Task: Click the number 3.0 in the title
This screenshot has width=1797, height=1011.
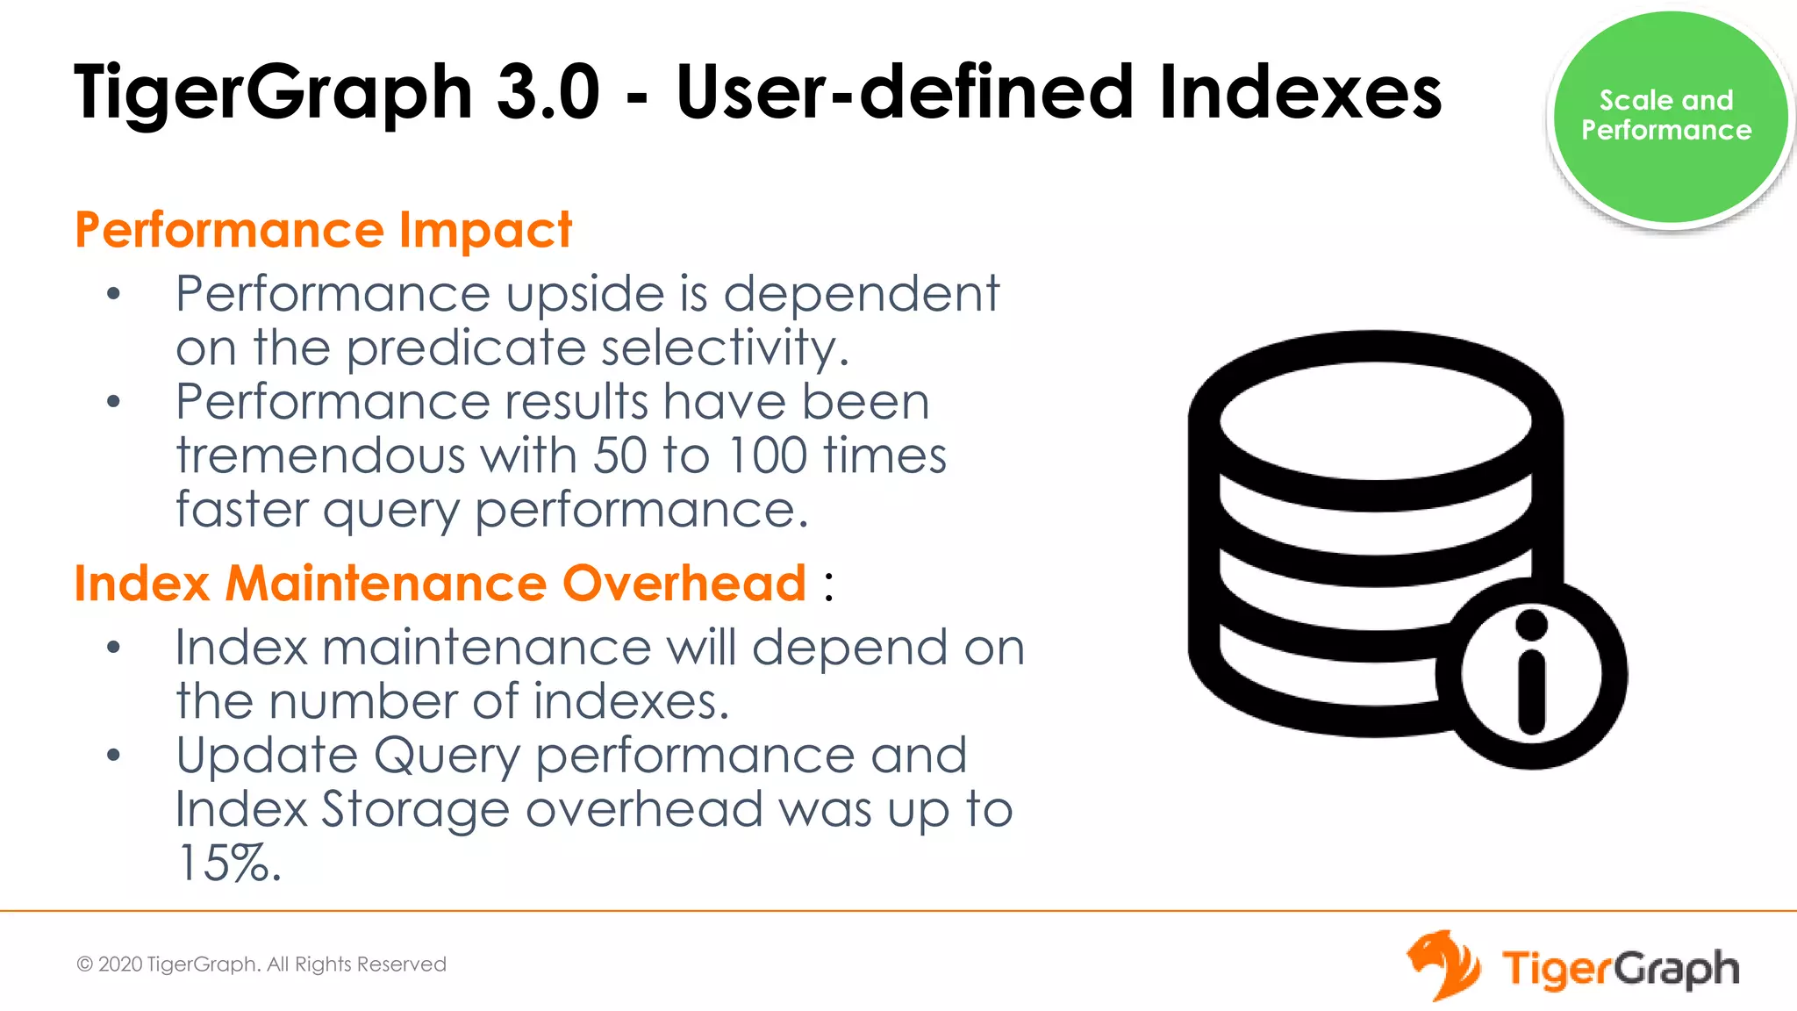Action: [548, 92]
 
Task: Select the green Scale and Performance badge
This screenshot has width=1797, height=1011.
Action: [1668, 116]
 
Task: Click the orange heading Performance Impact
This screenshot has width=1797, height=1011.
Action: [323, 230]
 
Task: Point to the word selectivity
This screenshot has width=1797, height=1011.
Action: [724, 348]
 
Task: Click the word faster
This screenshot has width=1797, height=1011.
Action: [242, 510]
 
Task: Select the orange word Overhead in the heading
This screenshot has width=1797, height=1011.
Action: [684, 584]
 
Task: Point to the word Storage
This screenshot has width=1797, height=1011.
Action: [415, 809]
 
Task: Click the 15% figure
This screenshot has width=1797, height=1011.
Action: [228, 864]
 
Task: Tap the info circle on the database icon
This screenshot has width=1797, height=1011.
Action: [1531, 674]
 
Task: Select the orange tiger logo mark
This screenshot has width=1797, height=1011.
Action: [1443, 964]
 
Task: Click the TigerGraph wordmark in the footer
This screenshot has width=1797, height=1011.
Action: [1620, 969]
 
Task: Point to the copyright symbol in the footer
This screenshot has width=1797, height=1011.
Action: [85, 964]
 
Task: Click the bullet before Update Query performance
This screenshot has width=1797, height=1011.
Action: [113, 756]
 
